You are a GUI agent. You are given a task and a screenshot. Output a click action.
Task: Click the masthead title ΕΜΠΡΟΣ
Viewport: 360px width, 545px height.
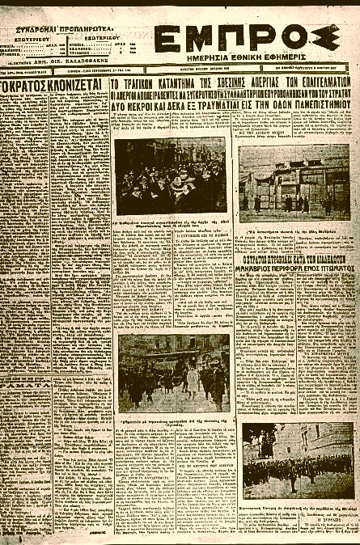click(x=245, y=38)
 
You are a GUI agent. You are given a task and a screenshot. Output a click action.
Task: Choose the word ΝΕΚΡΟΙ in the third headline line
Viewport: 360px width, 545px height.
click(x=149, y=105)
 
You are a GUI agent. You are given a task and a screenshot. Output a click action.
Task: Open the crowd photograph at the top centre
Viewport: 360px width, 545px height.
click(x=170, y=176)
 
